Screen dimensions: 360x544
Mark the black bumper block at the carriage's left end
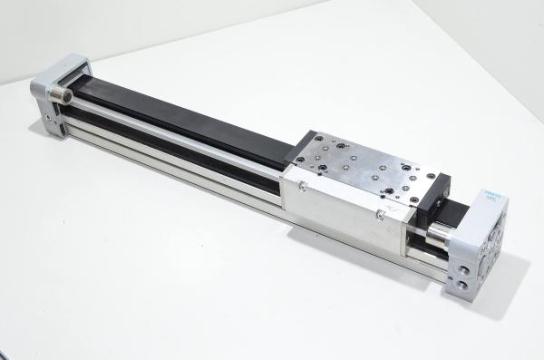coord(299,154)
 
